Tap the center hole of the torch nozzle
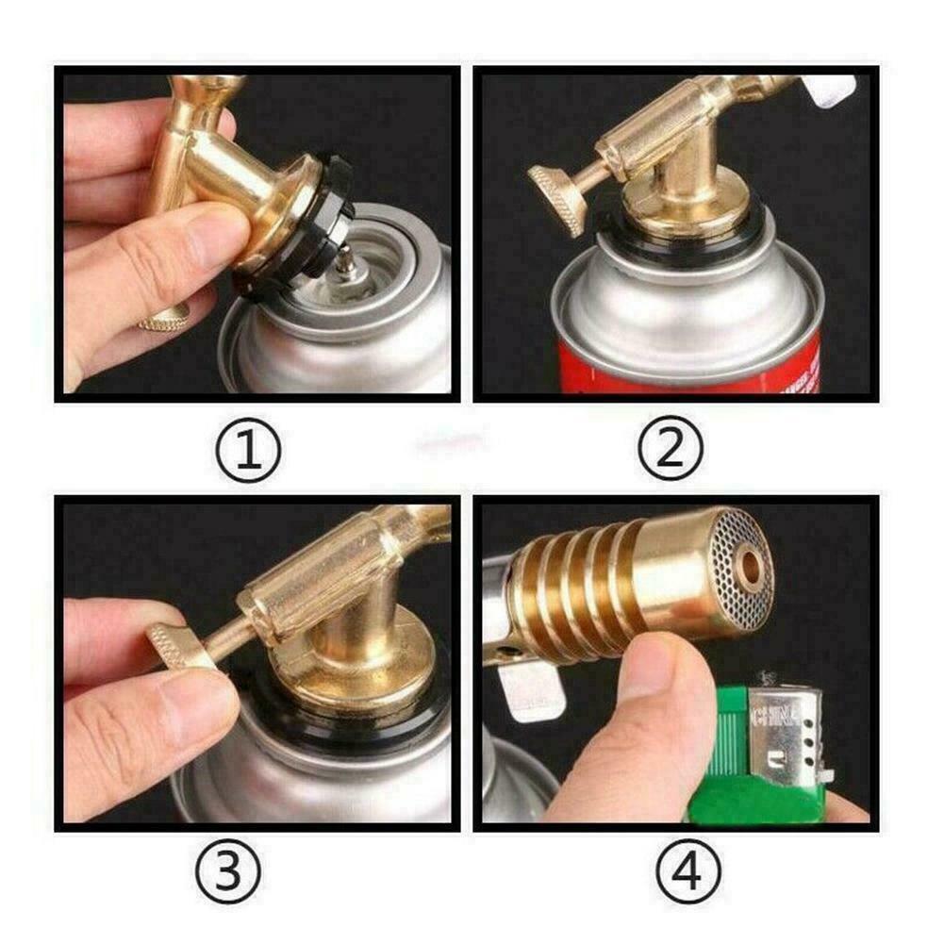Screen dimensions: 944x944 [751, 567]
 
